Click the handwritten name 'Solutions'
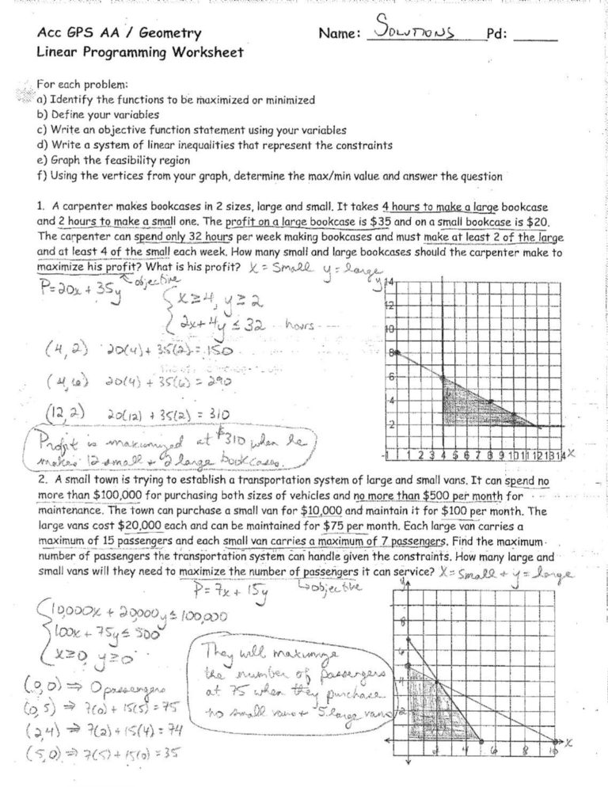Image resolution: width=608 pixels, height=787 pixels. pyautogui.click(x=424, y=31)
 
